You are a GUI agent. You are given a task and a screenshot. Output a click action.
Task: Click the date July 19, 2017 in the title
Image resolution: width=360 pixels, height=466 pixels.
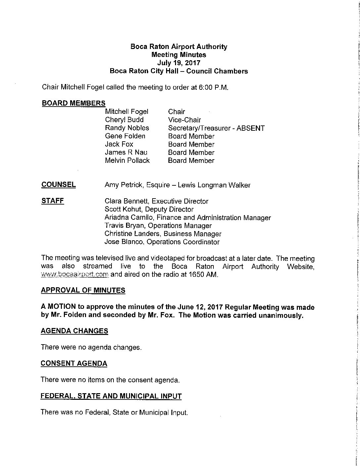point(179,63)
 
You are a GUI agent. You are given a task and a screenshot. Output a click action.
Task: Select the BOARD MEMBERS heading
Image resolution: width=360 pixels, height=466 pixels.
point(73,103)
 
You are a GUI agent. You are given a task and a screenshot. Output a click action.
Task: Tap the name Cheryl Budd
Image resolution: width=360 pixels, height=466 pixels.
point(124,120)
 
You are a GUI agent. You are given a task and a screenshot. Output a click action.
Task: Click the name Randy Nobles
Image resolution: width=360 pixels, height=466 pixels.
point(127,128)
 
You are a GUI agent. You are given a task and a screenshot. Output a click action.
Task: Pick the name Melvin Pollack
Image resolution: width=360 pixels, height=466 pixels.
point(127,161)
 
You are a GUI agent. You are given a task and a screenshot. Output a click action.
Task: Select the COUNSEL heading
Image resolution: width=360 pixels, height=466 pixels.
point(59,185)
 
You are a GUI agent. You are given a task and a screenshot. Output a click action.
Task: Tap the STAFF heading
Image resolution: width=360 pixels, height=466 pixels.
point(53,201)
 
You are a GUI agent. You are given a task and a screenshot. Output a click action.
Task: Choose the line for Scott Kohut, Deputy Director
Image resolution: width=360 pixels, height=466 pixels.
point(149,209)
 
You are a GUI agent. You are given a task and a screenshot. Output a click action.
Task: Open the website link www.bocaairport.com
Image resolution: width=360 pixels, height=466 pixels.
point(75,274)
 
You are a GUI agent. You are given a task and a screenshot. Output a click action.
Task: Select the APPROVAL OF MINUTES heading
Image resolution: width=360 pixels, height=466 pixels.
point(83,291)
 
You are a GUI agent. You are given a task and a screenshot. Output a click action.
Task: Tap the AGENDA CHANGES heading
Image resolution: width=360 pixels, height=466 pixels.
point(74,331)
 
